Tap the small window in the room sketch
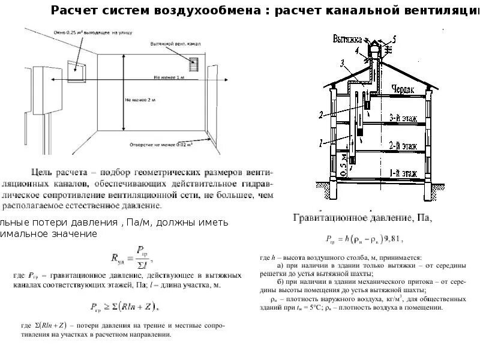(x=77, y=70)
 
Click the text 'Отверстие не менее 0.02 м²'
(x=161, y=145)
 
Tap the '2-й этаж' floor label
(x=404, y=145)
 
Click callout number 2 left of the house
(x=321, y=113)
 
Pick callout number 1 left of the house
(x=320, y=143)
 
